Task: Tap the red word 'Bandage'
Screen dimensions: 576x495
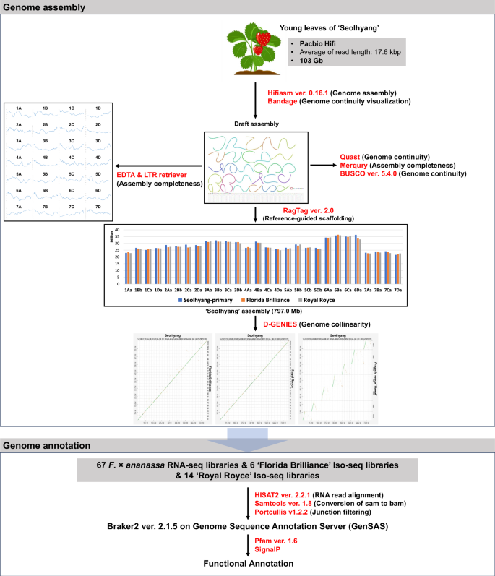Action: pyautogui.click(x=283, y=103)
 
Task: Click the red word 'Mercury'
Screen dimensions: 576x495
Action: pyautogui.click(x=356, y=165)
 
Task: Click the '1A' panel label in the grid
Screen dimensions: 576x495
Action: pyautogui.click(x=20, y=108)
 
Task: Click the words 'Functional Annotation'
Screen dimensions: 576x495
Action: pyautogui.click(x=247, y=565)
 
